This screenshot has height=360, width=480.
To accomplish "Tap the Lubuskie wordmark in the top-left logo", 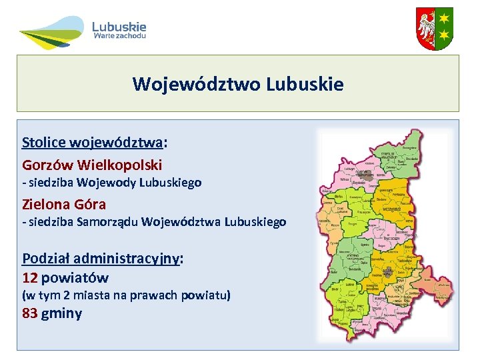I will (x=119, y=27).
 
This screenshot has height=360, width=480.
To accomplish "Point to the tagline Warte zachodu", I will (x=119, y=37).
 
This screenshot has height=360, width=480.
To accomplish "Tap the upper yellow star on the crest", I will (x=443, y=19).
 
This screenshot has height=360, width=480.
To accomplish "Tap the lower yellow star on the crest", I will (x=443, y=35).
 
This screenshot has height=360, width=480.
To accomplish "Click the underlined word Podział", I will (x=46, y=259).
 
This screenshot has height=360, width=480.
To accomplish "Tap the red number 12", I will (x=29, y=277).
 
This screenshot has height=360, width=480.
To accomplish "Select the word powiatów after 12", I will (x=75, y=277).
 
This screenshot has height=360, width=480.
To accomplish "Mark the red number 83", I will (x=29, y=313).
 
